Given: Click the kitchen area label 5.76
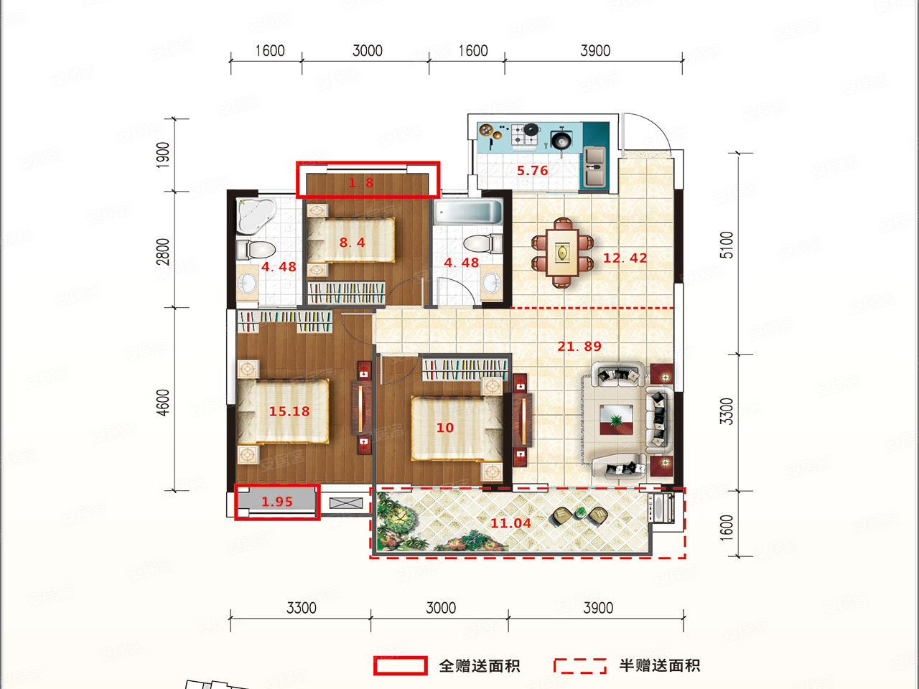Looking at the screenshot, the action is [532, 170].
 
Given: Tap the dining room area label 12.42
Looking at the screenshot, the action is [625, 258].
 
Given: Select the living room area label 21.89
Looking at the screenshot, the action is [579, 346].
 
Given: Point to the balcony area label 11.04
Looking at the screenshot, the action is [510, 523].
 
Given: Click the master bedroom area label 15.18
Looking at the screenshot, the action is [289, 411].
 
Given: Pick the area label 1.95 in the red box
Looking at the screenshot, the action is [277, 502].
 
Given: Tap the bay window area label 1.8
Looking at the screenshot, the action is [361, 182].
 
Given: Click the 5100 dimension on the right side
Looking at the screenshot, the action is [727, 245].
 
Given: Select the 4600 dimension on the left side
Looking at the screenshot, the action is [163, 403].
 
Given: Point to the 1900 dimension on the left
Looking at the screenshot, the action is [163, 155].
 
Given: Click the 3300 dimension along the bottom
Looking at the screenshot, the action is [301, 608].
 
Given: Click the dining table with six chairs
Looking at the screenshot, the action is [562, 253].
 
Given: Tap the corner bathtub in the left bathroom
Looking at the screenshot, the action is [256, 215].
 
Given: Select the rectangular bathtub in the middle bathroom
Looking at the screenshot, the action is [468, 212].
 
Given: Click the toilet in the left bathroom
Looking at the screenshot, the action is [256, 250].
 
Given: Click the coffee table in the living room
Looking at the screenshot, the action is [616, 419].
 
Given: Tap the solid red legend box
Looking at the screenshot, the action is [400, 665].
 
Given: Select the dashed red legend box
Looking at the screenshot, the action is [580, 665].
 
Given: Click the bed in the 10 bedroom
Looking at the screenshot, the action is [457, 428].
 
